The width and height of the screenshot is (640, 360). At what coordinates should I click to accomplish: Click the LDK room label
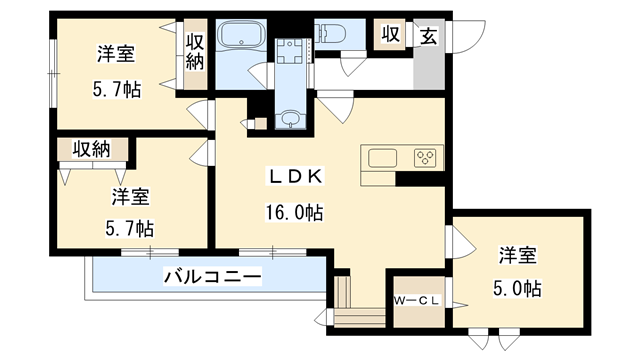(294, 177)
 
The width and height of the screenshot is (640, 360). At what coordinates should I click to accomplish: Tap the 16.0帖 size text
(294, 212)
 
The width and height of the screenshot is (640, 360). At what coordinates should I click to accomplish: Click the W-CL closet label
(418, 298)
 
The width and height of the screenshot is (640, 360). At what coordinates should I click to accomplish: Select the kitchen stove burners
(427, 158)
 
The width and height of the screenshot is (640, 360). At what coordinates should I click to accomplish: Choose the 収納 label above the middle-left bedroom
(90, 150)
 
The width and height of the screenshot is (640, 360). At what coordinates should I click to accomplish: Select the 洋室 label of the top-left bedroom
(116, 53)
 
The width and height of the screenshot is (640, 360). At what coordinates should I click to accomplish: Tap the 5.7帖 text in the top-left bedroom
(116, 89)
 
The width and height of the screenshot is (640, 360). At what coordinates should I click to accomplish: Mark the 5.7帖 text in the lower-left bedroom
(130, 227)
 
